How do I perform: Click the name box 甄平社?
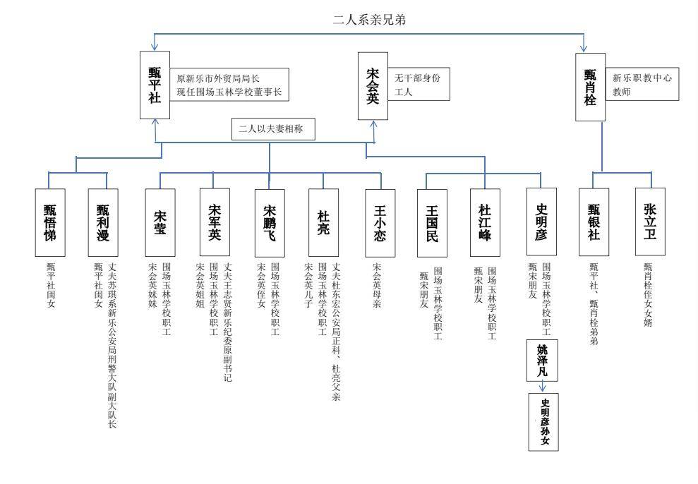point(155,85)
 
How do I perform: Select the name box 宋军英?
point(215,222)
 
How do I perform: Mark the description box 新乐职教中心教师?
point(643,85)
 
